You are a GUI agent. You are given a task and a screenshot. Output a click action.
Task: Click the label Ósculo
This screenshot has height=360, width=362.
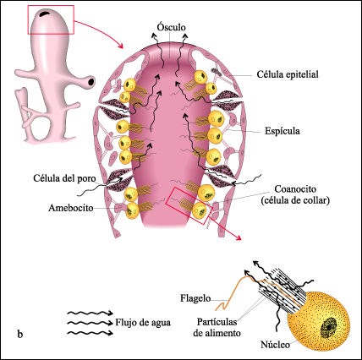(171, 27)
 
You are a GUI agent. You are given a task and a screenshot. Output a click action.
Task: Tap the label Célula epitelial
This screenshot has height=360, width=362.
(288, 74)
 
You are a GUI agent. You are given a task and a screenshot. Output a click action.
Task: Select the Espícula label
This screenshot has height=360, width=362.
(282, 131)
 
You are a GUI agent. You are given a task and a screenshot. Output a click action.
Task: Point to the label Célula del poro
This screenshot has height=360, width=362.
(64, 178)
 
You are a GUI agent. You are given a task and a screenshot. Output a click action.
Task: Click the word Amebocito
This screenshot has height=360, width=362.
(71, 208)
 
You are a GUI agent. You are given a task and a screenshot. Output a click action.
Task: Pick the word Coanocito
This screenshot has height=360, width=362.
(295, 189)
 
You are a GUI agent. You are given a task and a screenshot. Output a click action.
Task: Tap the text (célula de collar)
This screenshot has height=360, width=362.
(295, 201)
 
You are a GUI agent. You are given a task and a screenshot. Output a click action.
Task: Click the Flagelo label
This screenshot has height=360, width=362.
(195, 298)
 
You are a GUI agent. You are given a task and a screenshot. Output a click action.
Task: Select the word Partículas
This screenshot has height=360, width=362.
(217, 322)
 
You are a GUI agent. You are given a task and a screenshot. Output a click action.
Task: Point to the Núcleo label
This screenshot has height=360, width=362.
(275, 345)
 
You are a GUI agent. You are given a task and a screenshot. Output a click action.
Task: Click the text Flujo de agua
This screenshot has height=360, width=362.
(143, 322)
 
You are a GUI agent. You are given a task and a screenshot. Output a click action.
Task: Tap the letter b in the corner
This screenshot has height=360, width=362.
(20, 335)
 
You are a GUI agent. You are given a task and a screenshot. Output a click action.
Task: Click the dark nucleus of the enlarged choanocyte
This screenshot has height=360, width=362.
(329, 327)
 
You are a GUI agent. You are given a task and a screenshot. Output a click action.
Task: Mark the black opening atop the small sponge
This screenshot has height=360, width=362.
(44, 14)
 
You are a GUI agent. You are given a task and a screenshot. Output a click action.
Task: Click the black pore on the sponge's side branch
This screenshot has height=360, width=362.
(91, 82)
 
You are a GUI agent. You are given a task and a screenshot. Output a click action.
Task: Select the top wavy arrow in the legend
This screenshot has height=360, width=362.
(90, 313)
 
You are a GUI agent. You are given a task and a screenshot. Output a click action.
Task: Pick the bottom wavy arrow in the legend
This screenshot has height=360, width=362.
(90, 333)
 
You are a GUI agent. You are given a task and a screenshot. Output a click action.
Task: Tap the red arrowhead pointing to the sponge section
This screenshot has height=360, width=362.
(120, 46)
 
